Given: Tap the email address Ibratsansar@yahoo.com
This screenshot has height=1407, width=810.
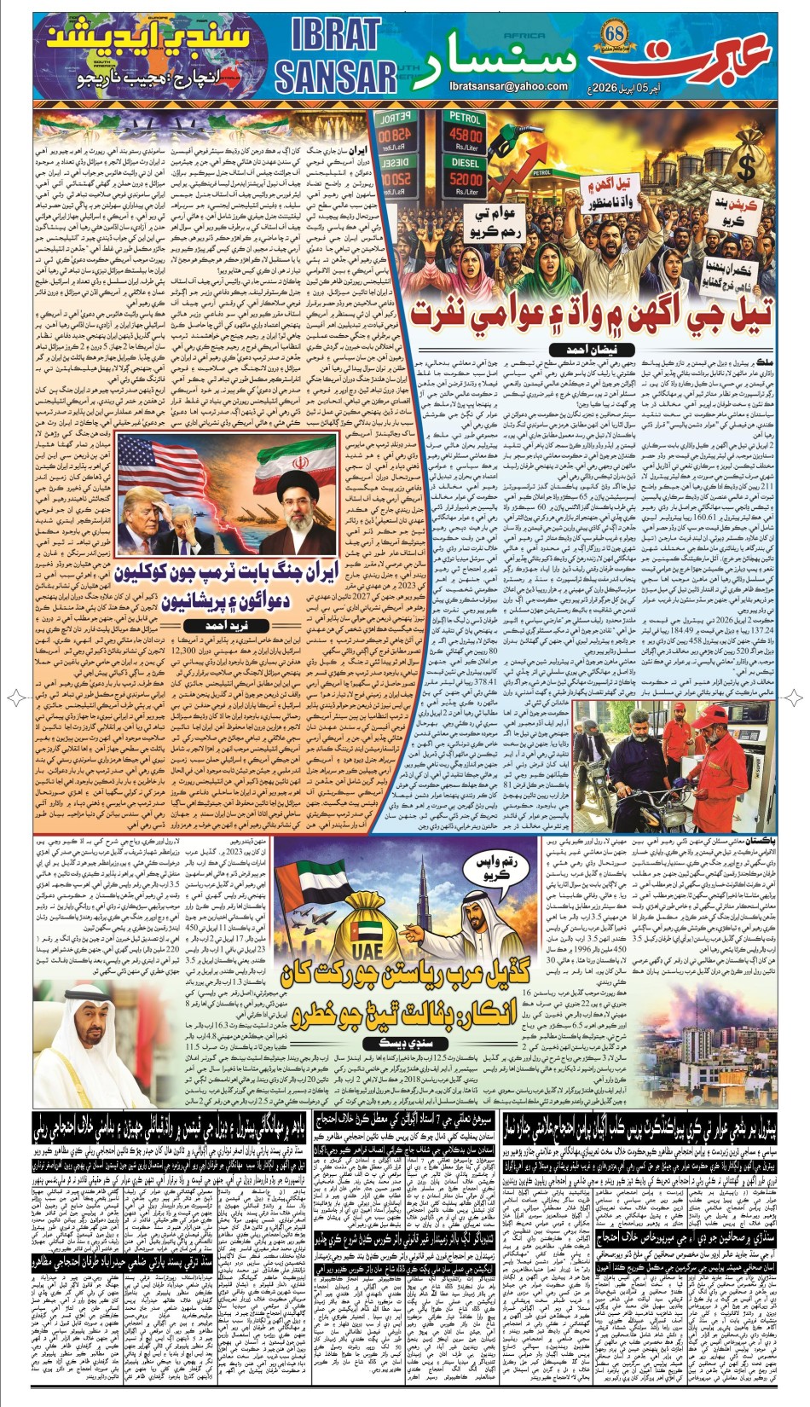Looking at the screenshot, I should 508,86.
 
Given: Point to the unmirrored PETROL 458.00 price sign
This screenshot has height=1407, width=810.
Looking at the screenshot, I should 465,136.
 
